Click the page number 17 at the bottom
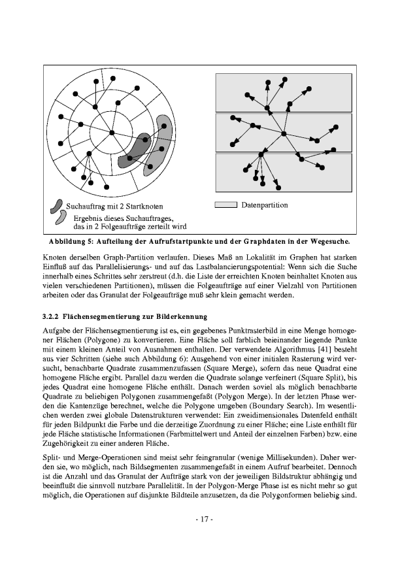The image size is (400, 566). (200, 520)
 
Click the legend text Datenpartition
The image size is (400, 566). (264, 205)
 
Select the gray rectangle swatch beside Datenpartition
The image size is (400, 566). (225, 205)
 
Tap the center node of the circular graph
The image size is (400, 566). (112, 133)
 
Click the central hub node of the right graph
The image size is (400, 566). (284, 135)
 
